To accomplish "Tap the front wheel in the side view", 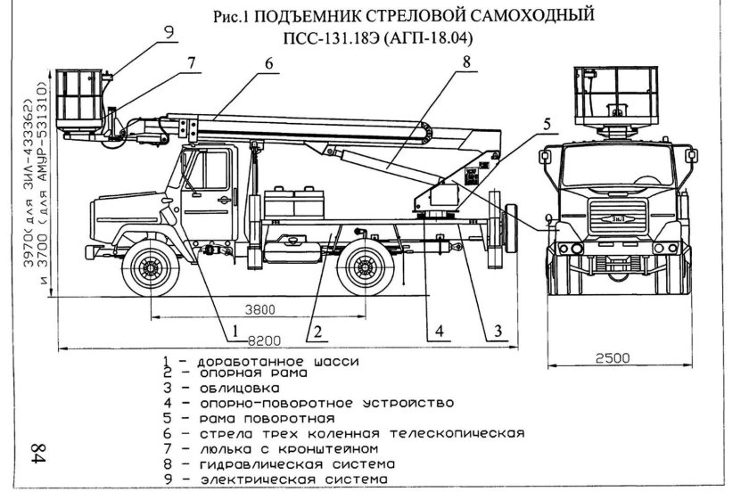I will (150, 266).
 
